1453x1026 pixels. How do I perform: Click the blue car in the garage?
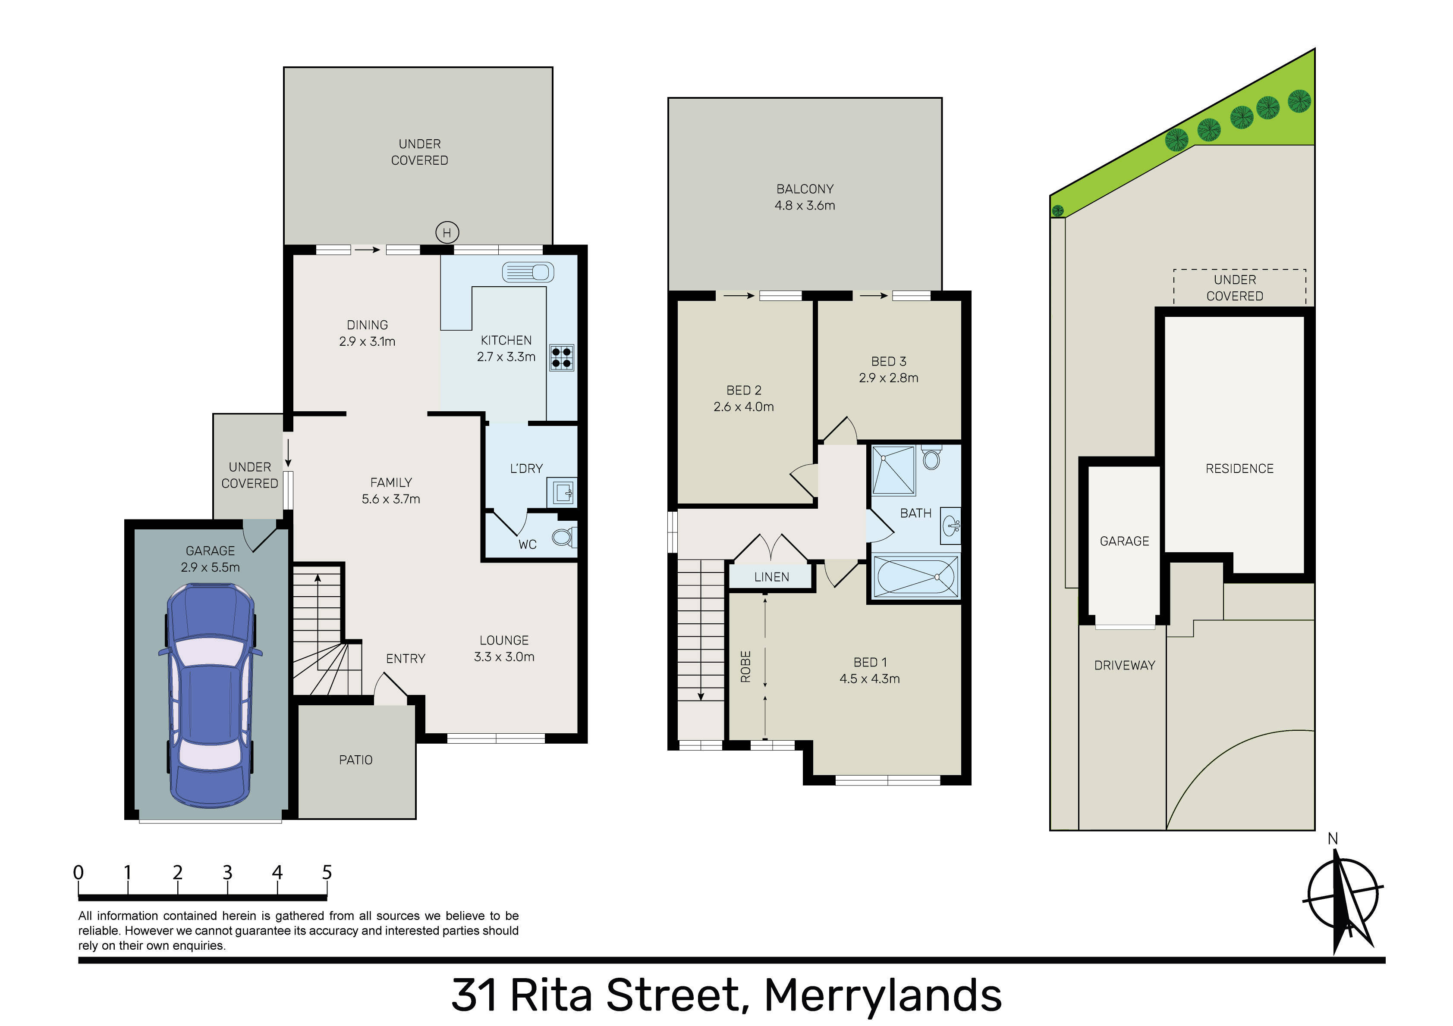pyautogui.click(x=210, y=696)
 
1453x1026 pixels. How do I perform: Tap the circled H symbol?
pyautogui.click(x=447, y=233)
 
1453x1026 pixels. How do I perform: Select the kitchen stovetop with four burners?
pyautogui.click(x=561, y=357)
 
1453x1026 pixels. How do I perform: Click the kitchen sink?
pyautogui.click(x=528, y=272)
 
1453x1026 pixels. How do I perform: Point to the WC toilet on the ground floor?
pyautogui.click(x=563, y=537)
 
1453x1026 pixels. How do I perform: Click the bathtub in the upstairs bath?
pyautogui.click(x=915, y=576)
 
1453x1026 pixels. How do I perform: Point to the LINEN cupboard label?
pyautogui.click(x=771, y=577)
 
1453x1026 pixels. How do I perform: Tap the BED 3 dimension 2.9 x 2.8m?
pyautogui.click(x=889, y=378)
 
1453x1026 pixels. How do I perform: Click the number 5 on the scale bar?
pyautogui.click(x=327, y=872)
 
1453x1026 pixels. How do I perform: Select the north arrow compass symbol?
pyautogui.click(x=1342, y=901)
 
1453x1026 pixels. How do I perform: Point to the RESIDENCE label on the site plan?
pyautogui.click(x=1239, y=468)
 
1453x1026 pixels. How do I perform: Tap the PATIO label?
pyautogui.click(x=355, y=760)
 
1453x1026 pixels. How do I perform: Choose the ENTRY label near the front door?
pyautogui.click(x=406, y=658)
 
